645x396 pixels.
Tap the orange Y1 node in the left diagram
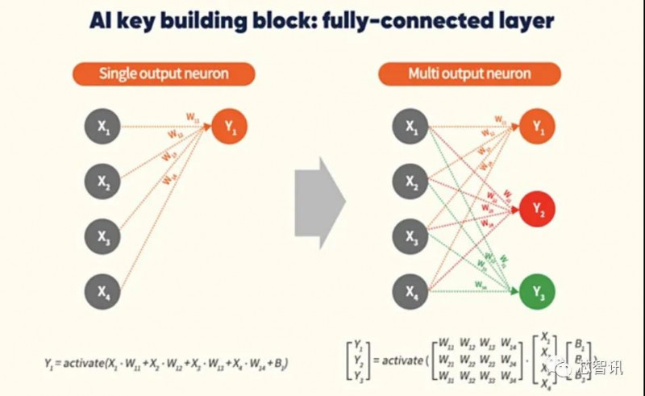[x=229, y=127]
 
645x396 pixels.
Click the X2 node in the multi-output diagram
[x=412, y=181]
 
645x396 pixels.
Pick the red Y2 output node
[x=536, y=210]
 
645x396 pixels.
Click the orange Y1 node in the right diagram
[x=536, y=127]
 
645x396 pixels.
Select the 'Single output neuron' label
[x=164, y=74]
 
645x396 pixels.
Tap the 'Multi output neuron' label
[x=469, y=74]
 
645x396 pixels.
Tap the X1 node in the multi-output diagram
[x=412, y=127]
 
